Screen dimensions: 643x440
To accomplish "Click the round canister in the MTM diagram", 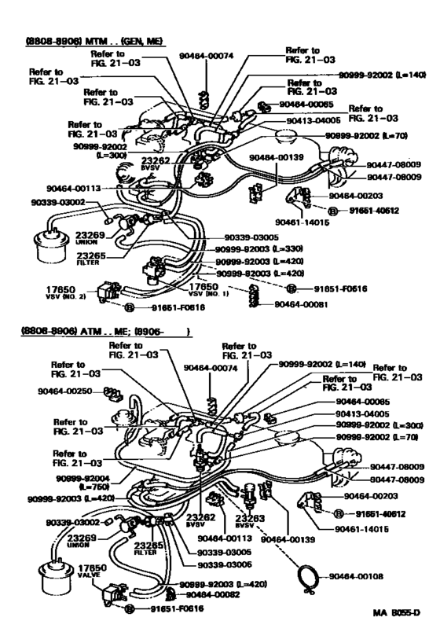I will tap(48, 244).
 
